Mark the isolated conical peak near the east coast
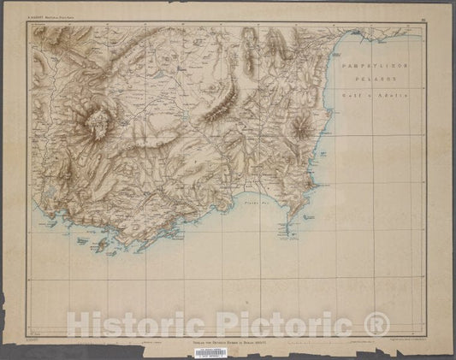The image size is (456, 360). coord(302,128)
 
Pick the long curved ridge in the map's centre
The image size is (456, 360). coord(224,100)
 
